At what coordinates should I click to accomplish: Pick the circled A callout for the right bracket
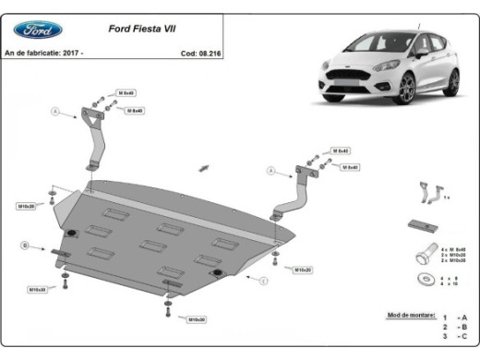[x=270, y=171]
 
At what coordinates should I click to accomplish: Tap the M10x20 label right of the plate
[x=303, y=270]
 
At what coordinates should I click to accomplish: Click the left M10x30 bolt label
[x=37, y=289]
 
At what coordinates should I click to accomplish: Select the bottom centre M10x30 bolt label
[x=197, y=319]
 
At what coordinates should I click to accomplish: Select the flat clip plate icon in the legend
[x=424, y=225]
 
